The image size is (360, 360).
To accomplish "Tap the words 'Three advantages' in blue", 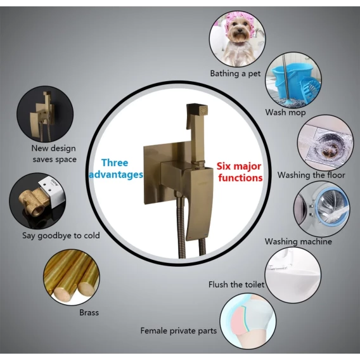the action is (x=116, y=169).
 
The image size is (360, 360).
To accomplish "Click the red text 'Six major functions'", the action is (x=240, y=172).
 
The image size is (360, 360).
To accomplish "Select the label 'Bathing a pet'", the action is (x=235, y=74).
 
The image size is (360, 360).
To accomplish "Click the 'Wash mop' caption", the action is (x=285, y=113).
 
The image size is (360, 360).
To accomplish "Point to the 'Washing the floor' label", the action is (x=311, y=175).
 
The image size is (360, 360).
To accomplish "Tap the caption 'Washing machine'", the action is (x=299, y=241).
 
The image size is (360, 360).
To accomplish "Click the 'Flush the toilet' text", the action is (x=236, y=285).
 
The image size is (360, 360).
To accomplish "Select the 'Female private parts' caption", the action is (x=178, y=331).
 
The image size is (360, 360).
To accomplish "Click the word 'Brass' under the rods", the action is (x=89, y=312).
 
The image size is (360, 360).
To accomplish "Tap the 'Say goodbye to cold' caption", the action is (x=61, y=236).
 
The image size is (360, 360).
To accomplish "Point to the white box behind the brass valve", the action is (x=53, y=191).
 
